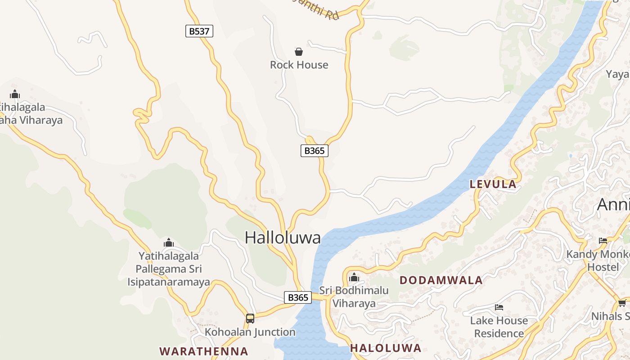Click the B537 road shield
point(199,31)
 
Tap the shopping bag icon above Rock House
point(299,52)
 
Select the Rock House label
point(299,65)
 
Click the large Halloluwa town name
point(283,238)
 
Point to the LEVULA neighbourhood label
point(493,184)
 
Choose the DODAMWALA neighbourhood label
point(441,280)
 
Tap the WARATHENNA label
point(204,351)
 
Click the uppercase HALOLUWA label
point(386,348)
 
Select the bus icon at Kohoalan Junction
point(250,319)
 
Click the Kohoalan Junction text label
point(250,332)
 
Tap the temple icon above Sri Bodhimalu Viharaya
point(354,277)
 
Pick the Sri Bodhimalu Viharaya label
point(354,297)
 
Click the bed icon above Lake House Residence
point(499,307)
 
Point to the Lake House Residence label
point(499,327)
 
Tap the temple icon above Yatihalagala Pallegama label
point(169,243)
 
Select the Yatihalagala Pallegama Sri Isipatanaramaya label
point(169,269)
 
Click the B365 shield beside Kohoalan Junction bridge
point(297,297)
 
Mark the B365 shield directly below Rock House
point(314,151)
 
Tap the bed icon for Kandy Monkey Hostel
point(603,241)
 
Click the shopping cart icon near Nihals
point(622,303)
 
